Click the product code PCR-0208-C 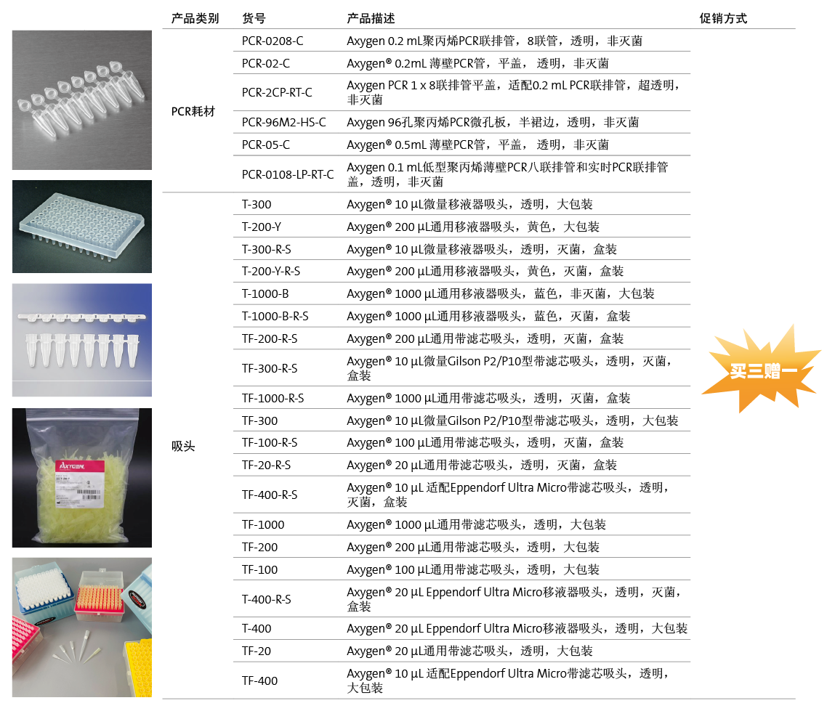click(x=273, y=41)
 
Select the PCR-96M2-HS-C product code click(x=284, y=122)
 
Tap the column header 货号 click(x=254, y=18)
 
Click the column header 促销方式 click(x=723, y=18)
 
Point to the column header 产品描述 click(x=371, y=18)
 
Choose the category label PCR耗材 click(x=193, y=111)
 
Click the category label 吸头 click(x=183, y=446)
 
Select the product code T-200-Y click(x=262, y=227)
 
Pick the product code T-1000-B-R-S click(x=275, y=316)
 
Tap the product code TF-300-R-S click(x=270, y=368)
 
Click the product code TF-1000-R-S click(x=273, y=398)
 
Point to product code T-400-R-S click(x=267, y=599)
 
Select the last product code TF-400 click(x=260, y=680)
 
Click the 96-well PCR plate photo click(x=81, y=227)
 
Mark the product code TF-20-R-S click(x=267, y=465)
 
